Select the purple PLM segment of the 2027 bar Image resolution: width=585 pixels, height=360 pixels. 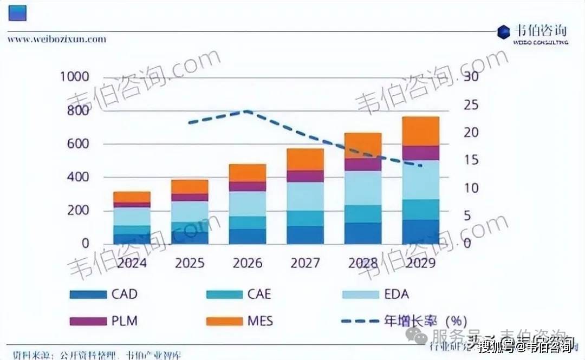coord(305,176)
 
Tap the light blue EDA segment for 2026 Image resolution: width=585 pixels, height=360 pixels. coord(248,204)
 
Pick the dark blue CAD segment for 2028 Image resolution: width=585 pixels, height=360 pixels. coord(363,233)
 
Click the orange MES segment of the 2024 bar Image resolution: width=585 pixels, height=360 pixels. coord(132,197)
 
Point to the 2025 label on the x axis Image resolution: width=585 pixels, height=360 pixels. coord(190,263)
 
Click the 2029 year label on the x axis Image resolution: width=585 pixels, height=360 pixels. coord(420,263)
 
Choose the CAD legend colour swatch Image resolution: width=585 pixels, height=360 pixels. coord(88,295)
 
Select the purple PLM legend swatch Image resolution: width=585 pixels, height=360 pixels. coord(88,321)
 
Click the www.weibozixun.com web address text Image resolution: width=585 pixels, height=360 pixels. coord(57,39)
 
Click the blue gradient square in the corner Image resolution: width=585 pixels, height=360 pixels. coord(18,11)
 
